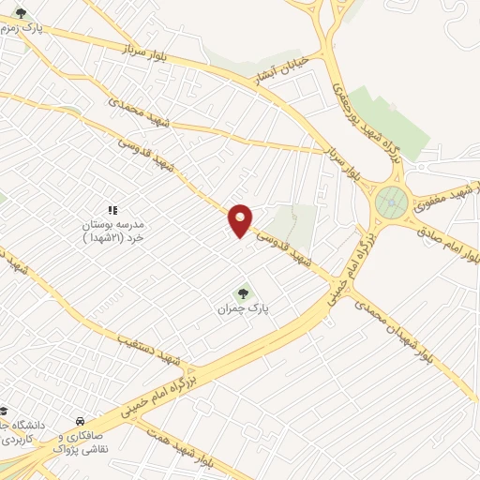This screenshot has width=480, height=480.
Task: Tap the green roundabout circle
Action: pyautogui.click(x=391, y=202)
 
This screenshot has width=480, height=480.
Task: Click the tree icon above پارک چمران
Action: pyautogui.click(x=247, y=291)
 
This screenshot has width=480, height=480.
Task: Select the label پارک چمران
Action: pyautogui.click(x=236, y=307)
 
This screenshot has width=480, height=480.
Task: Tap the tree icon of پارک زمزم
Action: pyautogui.click(x=21, y=12)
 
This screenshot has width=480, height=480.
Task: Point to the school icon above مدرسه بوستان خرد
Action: pyautogui.click(x=112, y=210)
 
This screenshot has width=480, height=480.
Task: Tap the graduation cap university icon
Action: pyautogui.click(x=5, y=410)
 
